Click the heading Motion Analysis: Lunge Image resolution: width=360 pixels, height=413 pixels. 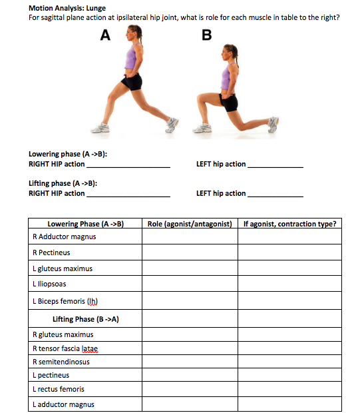click(x=67, y=8)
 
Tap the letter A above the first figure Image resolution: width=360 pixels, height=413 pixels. click(x=104, y=36)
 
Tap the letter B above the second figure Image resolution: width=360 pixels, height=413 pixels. click(x=207, y=36)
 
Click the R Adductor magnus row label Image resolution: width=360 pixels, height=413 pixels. click(x=64, y=236)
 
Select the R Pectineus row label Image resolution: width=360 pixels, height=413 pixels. click(x=51, y=252)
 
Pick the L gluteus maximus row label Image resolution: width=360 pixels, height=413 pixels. click(x=62, y=268)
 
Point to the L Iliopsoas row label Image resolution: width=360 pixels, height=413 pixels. click(x=49, y=284)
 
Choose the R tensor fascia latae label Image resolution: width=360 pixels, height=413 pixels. click(x=65, y=348)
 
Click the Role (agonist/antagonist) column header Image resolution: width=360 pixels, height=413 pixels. click(x=189, y=224)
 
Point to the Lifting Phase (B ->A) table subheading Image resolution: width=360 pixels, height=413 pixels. click(x=86, y=319)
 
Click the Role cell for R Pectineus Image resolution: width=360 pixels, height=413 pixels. click(x=189, y=252)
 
